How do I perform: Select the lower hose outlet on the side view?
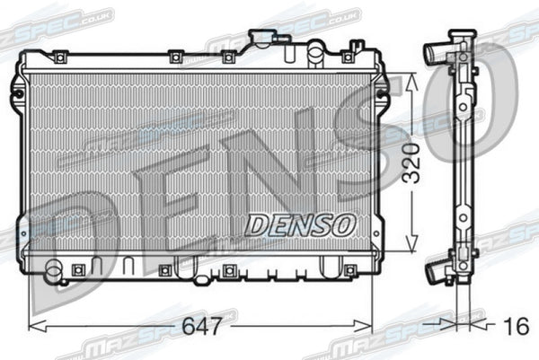[438, 268]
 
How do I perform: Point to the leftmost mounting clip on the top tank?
[59, 57]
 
